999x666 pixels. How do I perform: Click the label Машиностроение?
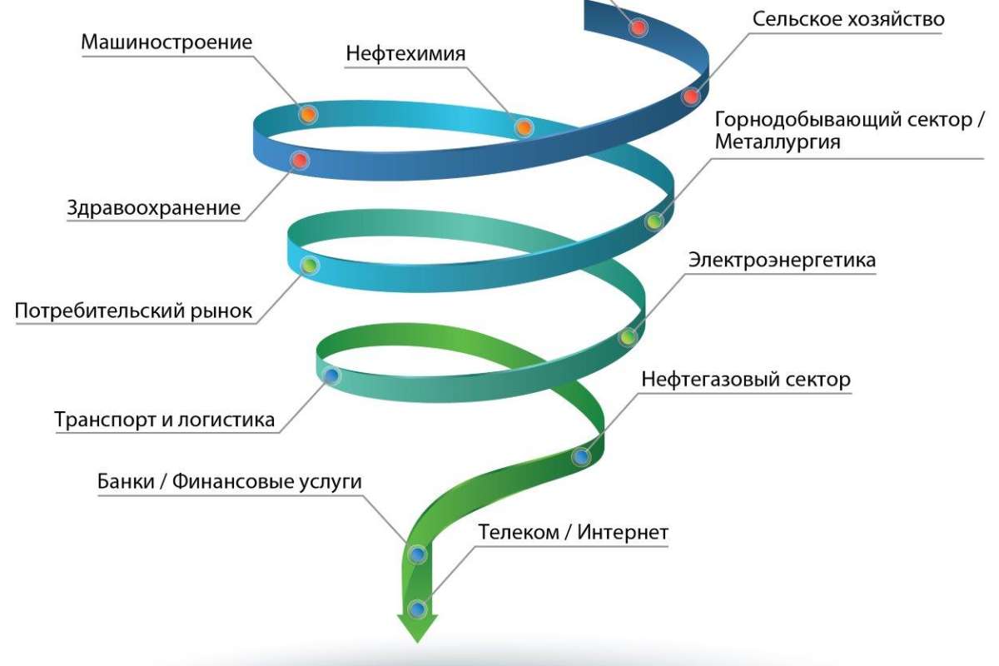tap(166, 42)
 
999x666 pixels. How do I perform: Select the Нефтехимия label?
tap(405, 54)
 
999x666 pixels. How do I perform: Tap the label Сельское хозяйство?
tap(848, 19)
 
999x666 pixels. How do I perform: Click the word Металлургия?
tap(778, 142)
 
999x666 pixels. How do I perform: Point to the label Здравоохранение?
tap(154, 208)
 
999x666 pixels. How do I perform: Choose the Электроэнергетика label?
tap(782, 261)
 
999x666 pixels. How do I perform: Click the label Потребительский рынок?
tap(133, 312)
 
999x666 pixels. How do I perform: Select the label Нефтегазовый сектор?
tap(746, 380)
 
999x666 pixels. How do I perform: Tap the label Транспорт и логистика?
tap(165, 420)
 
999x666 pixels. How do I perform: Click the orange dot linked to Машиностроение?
tap(308, 115)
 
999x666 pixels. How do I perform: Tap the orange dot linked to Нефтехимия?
tap(524, 127)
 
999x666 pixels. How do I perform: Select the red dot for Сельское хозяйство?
tap(690, 97)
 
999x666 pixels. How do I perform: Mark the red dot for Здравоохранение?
tap(300, 160)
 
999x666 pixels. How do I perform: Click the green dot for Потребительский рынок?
tap(309, 266)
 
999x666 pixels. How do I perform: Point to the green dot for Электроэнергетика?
tap(628, 337)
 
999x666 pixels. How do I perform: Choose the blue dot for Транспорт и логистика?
tap(331, 376)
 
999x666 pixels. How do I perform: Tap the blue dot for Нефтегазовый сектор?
tap(581, 456)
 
